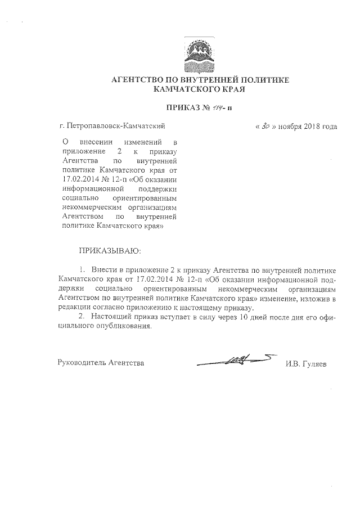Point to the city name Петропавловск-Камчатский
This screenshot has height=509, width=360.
pos(115,127)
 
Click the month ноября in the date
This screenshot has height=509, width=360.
pos(289,127)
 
